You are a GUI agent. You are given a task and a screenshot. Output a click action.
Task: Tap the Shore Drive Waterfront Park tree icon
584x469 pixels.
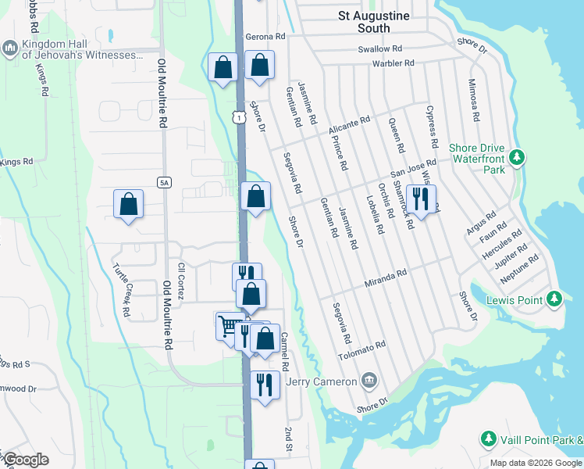[516, 158]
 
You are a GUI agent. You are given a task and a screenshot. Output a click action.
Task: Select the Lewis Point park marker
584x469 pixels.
[554, 299]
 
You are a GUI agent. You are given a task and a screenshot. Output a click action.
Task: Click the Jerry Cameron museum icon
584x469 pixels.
[369, 381]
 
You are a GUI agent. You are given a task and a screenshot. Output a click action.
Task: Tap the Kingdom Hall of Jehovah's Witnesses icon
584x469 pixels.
[10, 49]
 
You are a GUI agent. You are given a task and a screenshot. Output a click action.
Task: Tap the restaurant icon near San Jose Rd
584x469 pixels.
[421, 199]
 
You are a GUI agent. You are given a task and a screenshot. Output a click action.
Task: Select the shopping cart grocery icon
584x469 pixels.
[230, 326]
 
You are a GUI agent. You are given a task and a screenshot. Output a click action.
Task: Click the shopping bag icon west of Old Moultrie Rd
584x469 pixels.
[129, 204]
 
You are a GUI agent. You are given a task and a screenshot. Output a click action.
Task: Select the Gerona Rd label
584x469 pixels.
[265, 37]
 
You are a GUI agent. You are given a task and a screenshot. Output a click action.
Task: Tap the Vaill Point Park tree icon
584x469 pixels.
[489, 439]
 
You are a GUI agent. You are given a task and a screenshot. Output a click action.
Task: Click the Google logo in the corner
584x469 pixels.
[26, 460]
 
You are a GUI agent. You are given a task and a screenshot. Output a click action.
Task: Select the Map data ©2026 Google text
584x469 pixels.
[536, 463]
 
